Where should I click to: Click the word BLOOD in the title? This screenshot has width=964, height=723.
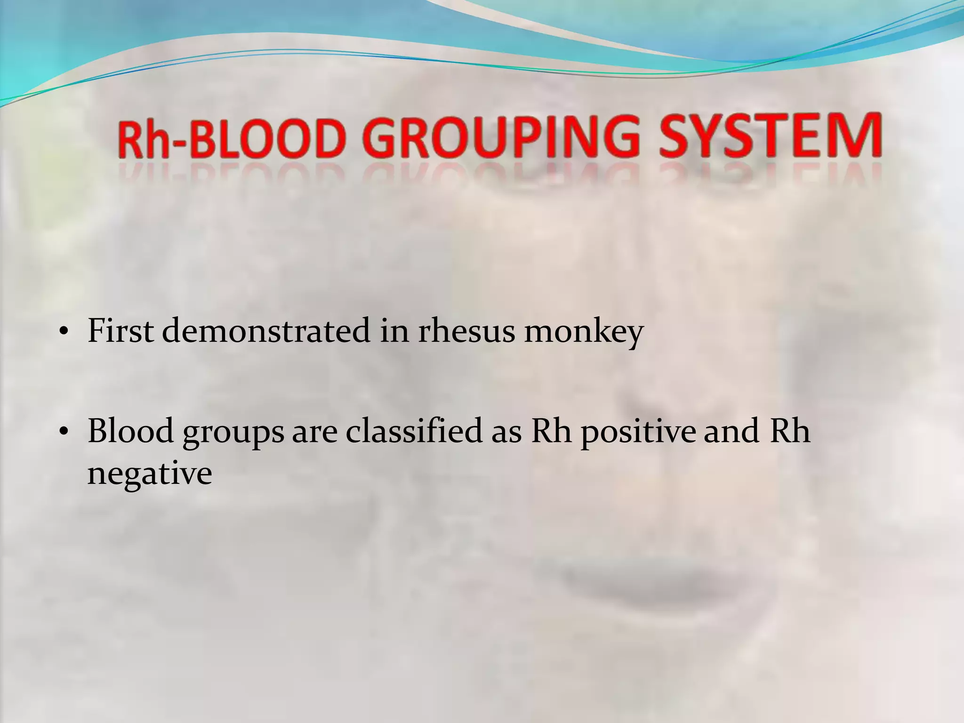pos(265,137)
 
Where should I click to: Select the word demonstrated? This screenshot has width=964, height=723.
pos(266,331)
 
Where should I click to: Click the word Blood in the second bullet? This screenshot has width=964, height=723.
pos(130,431)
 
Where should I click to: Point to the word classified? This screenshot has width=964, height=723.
pos(414,431)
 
